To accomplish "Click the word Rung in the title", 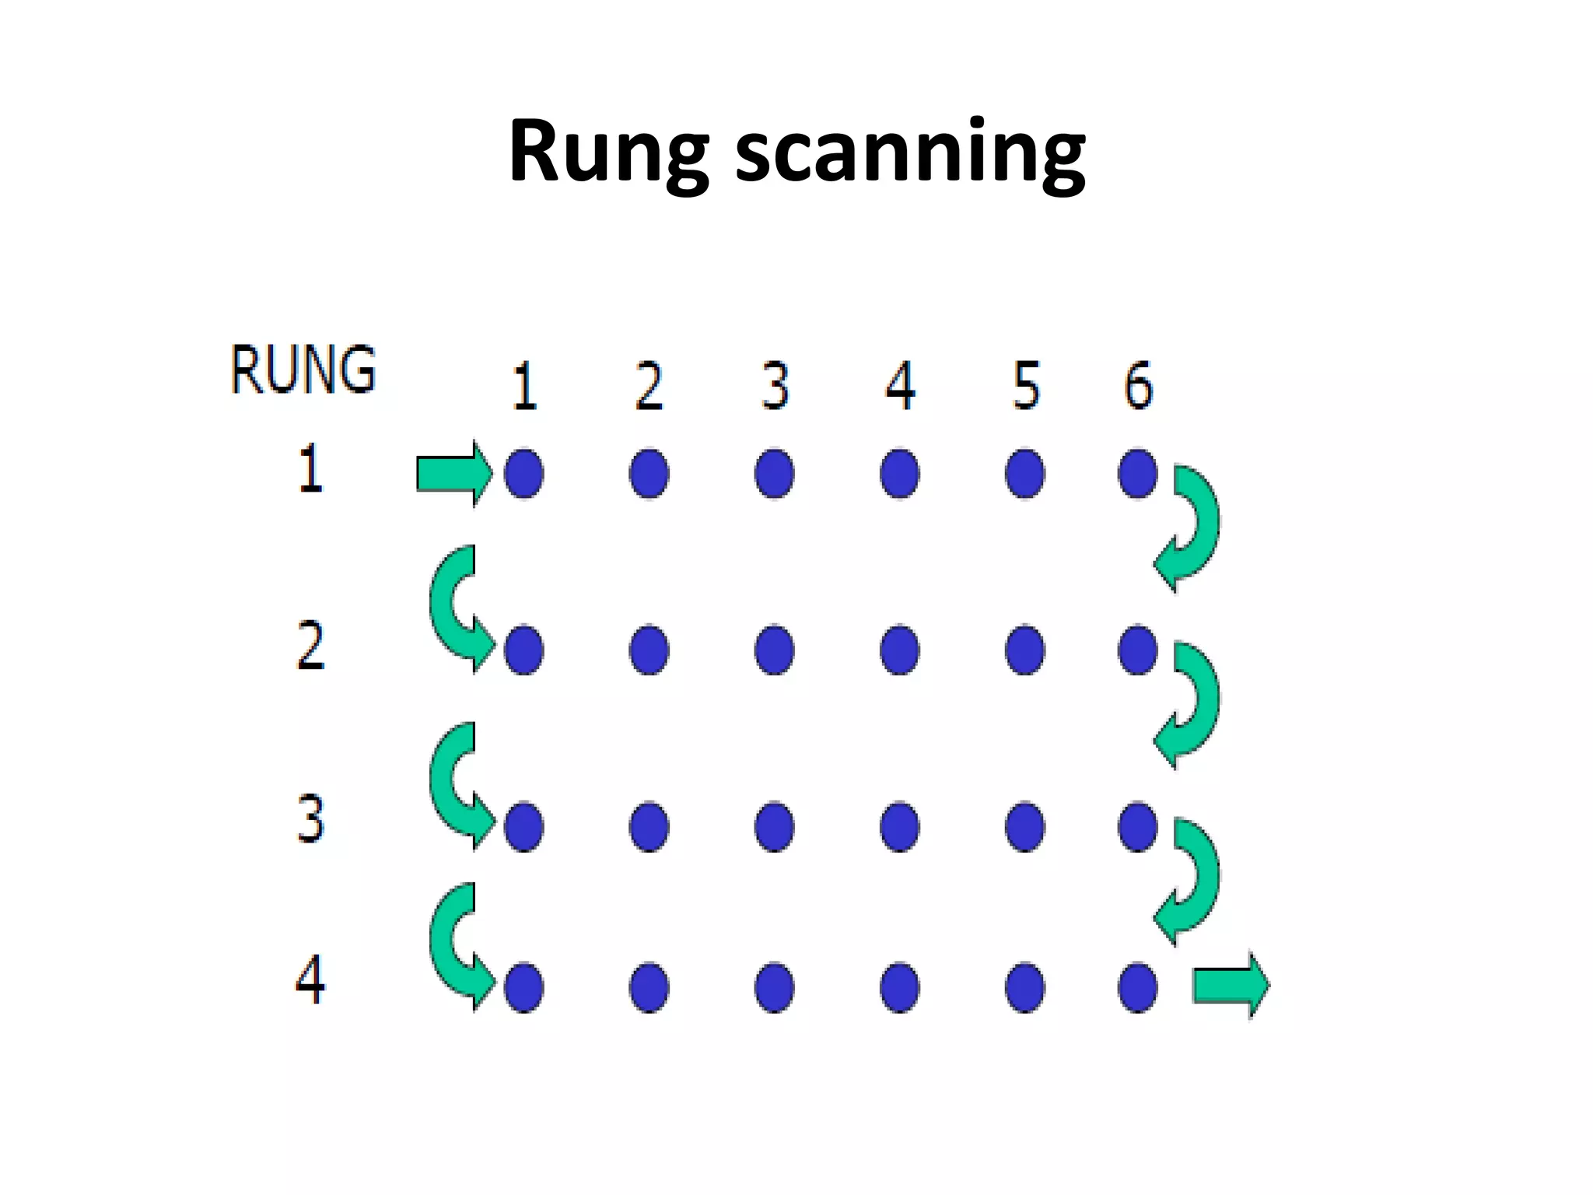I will [x=607, y=152].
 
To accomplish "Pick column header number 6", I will [x=1138, y=385].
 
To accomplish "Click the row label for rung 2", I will [x=310, y=646].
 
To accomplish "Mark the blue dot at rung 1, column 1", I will [x=523, y=473].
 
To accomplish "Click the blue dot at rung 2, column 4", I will [x=900, y=650].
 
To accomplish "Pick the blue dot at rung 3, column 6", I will [x=1138, y=826].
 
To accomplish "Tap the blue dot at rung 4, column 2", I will [x=649, y=987].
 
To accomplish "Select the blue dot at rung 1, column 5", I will [x=1025, y=473].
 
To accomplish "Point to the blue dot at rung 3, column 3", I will [x=775, y=826].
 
